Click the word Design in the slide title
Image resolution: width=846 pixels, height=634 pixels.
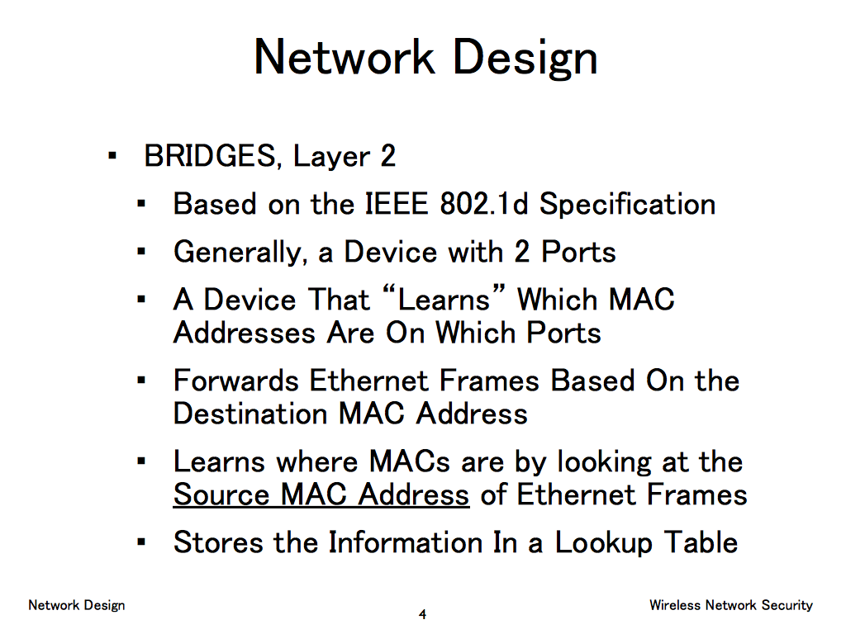525,58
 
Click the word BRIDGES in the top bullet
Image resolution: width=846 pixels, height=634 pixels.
210,156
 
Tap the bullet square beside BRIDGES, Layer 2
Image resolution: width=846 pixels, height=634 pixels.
112,156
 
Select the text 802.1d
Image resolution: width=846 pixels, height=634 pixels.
483,205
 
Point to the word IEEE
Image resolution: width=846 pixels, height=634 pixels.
397,205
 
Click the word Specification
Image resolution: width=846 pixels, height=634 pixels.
628,205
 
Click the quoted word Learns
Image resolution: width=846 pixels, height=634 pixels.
443,299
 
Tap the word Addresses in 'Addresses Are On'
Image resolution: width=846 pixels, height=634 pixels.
244,333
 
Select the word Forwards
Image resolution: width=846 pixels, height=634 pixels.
235,381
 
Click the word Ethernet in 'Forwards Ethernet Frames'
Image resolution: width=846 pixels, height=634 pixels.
369,381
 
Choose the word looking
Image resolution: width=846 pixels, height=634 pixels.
604,463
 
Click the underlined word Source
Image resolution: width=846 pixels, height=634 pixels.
221,495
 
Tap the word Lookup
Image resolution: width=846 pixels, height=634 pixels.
604,543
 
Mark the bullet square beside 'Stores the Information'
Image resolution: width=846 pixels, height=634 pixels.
141,542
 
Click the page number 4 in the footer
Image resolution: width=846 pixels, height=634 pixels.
422,614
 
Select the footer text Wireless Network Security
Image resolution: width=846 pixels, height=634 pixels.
731,605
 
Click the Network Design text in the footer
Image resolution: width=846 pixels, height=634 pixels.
77,605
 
